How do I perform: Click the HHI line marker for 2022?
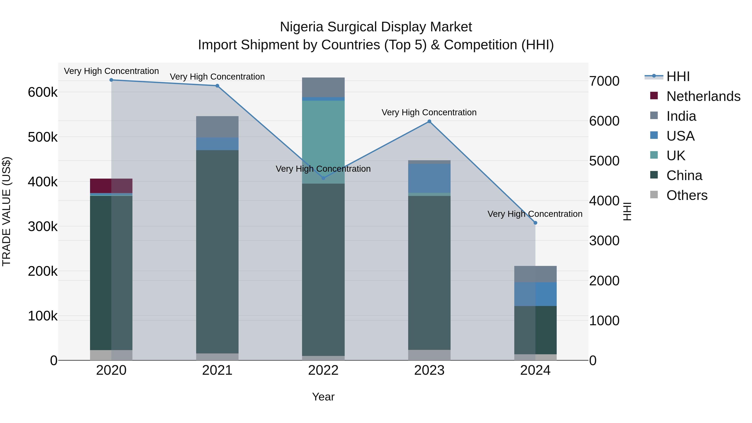323,178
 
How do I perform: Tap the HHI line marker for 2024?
535,223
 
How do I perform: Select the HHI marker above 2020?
111,80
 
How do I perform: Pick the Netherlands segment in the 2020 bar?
111,186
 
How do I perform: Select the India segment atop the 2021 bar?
217,127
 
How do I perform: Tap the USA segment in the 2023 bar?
429,178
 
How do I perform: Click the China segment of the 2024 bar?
535,330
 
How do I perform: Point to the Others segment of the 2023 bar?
429,355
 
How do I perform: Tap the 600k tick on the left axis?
43,92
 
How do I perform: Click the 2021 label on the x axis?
217,370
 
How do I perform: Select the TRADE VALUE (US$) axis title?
7,211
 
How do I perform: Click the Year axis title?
323,397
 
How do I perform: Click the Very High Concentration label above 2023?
429,112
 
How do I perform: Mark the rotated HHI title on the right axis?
627,211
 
